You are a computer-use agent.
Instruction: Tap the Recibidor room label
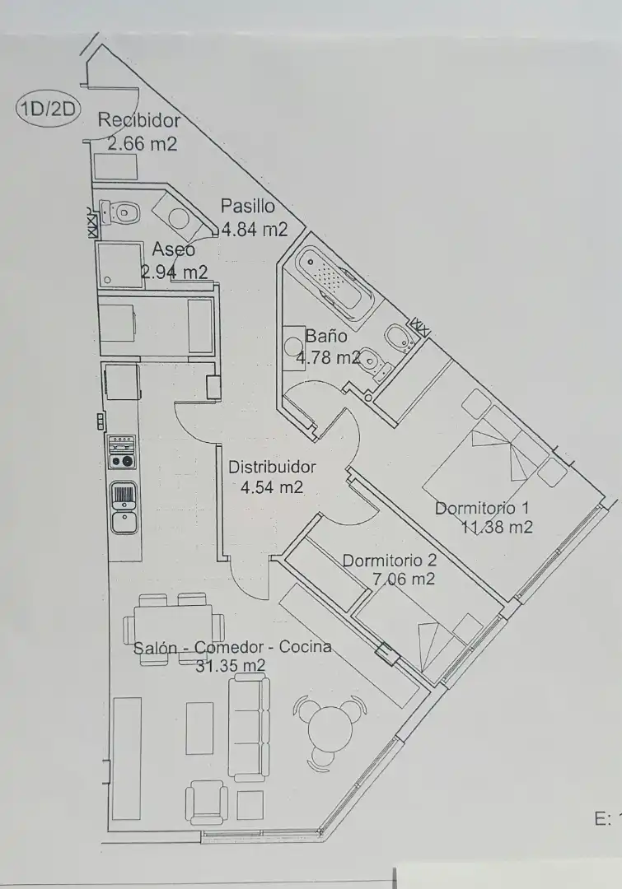138,120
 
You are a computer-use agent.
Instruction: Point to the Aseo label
173,249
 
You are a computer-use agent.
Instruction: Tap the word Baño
325,336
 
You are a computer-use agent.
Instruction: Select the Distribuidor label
272,467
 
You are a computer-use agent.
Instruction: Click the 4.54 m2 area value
271,487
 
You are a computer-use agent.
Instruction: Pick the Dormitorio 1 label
481,508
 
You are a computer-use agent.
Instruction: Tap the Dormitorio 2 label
389,561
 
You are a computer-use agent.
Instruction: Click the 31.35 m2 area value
230,666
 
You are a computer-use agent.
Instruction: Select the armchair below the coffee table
206,802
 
